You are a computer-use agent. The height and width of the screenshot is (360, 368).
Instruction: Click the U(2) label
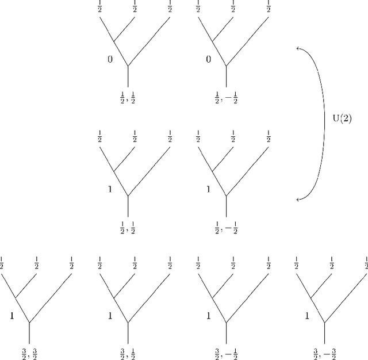coord(342,119)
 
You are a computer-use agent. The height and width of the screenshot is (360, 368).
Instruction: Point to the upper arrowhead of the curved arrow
coord(297,48)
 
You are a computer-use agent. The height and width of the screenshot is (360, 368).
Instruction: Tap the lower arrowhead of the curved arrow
coord(297,200)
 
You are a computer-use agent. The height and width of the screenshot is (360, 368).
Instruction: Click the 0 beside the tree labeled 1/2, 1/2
coord(110,59)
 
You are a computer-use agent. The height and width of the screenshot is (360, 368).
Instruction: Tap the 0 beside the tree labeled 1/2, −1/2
coord(208,59)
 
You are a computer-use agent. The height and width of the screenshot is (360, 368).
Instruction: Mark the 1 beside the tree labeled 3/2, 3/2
coord(11,315)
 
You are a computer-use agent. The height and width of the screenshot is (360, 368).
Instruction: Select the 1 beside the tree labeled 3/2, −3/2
coord(306,315)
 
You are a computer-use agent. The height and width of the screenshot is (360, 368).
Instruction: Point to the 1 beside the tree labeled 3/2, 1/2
coord(110,315)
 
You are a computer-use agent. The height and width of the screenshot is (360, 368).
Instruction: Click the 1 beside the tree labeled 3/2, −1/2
coord(208,315)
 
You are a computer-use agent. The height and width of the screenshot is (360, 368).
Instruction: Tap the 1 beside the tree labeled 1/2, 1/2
coord(110,189)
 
